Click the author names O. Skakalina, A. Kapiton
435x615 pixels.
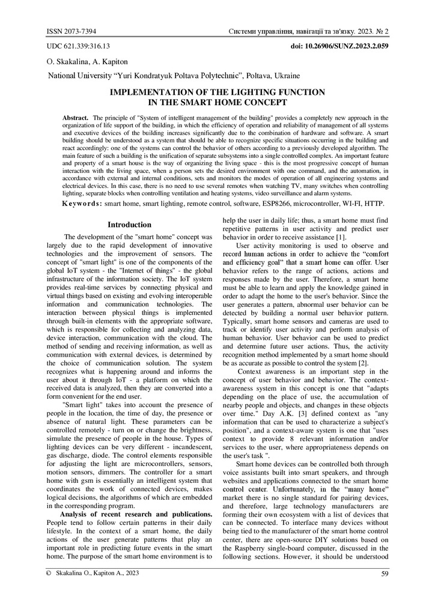pos(87,61)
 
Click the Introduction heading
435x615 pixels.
pos(129,225)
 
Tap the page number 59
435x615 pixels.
pos(385,574)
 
